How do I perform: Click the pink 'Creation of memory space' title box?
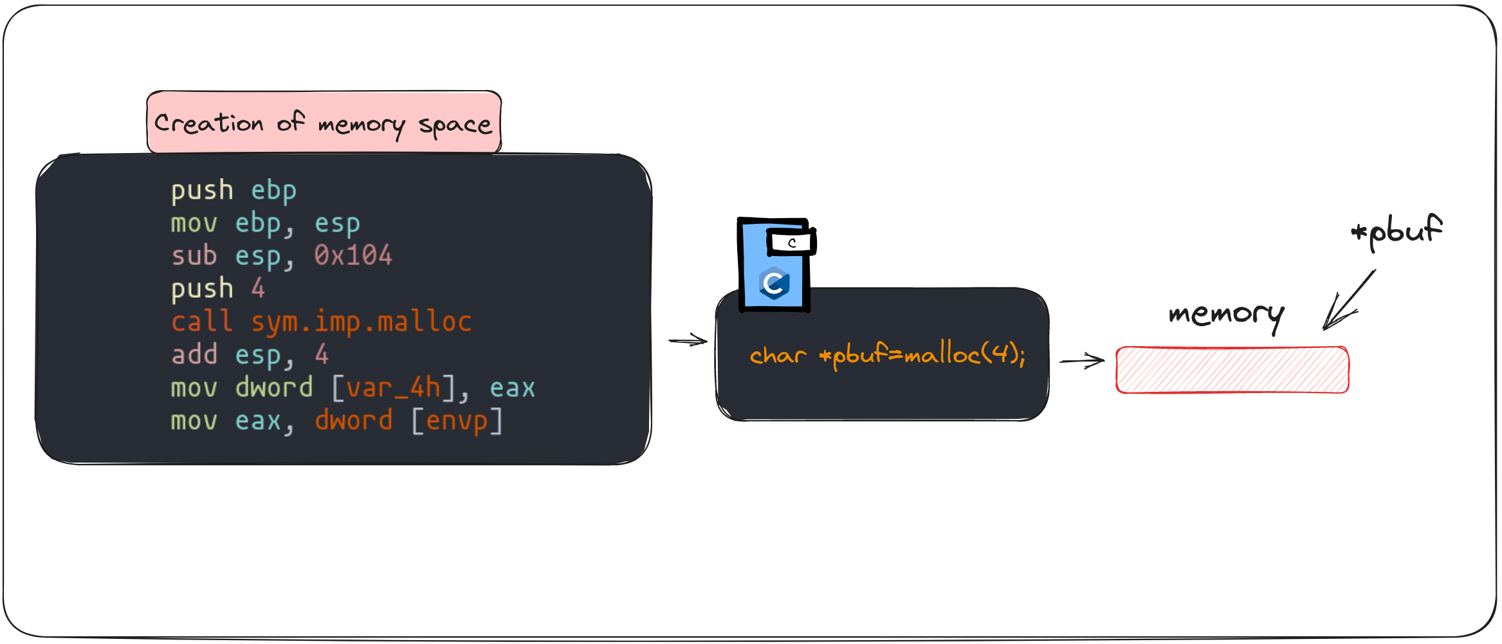pyautogui.click(x=324, y=122)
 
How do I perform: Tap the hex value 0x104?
pyautogui.click(x=353, y=256)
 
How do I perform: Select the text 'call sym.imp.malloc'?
pyautogui.click(x=321, y=322)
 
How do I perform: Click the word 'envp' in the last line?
pyautogui.click(x=457, y=421)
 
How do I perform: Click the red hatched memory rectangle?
pyautogui.click(x=1232, y=370)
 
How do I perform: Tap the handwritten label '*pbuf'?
pyautogui.click(x=1397, y=230)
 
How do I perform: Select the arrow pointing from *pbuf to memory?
pyautogui.click(x=1347, y=301)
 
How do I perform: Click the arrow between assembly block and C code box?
pyautogui.click(x=688, y=340)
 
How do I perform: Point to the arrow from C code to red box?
pyautogui.click(x=1082, y=361)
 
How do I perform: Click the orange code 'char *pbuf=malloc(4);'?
pyautogui.click(x=887, y=355)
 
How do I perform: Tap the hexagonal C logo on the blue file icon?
pyautogui.click(x=774, y=283)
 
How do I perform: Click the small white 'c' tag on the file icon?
pyautogui.click(x=791, y=243)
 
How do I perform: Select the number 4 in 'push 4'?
pyautogui.click(x=258, y=289)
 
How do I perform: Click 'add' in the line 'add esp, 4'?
pyautogui.click(x=194, y=354)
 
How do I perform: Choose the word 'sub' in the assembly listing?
pyautogui.click(x=194, y=256)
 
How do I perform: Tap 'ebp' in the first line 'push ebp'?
pyautogui.click(x=273, y=190)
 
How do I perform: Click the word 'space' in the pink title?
pyautogui.click(x=455, y=124)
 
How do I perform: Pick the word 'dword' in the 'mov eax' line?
pyautogui.click(x=353, y=421)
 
